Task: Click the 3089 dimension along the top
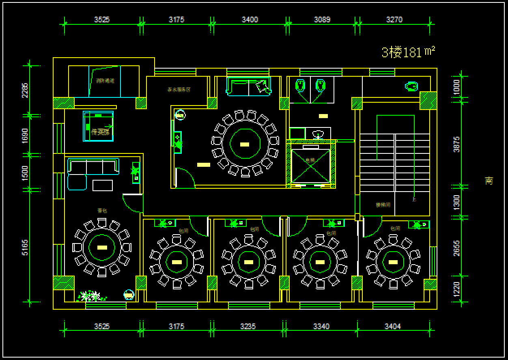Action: tap(322, 19)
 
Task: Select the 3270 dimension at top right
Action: tap(394, 19)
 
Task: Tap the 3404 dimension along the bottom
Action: tap(393, 326)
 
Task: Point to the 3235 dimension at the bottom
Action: tap(248, 326)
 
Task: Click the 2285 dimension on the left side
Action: tap(25, 91)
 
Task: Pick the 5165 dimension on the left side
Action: tap(25, 247)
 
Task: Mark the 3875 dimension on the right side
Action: tap(456, 144)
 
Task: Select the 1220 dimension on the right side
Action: tap(456, 289)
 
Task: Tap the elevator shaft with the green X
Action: tap(311, 162)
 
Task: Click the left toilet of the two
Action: tap(300, 85)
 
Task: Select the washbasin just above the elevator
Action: tap(319, 134)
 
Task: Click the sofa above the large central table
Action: tap(248, 86)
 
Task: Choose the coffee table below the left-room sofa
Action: tap(103, 185)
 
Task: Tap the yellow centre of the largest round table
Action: tap(245, 144)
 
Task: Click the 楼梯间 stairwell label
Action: tap(383, 205)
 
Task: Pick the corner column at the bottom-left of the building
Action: tap(64, 283)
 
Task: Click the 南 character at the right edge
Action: tap(489, 181)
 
